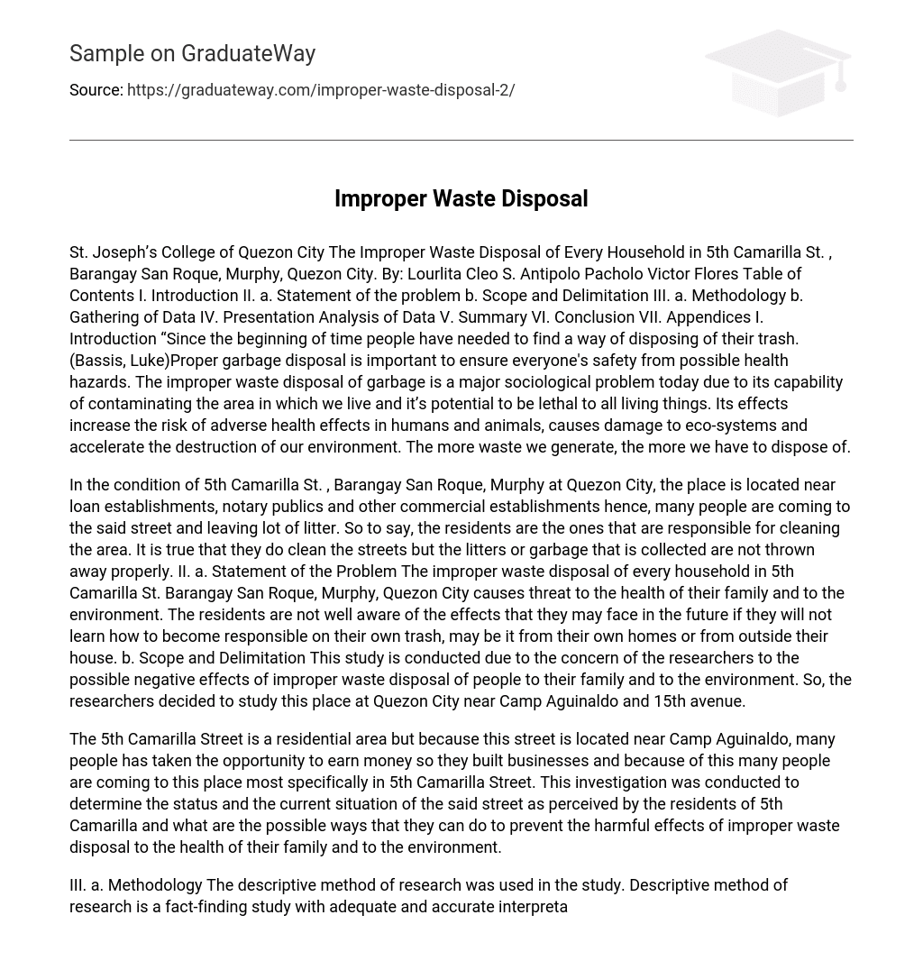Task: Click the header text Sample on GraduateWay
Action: pos(192,54)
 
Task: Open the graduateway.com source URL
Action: pos(321,90)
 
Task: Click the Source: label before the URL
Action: pos(96,90)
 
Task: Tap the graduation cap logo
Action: pos(777,72)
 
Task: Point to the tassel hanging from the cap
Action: pos(840,77)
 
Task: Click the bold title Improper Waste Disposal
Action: pos(461,199)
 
